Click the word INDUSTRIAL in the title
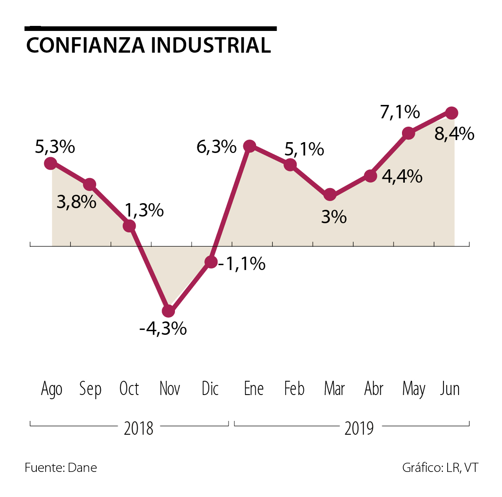211,45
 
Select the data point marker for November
168,311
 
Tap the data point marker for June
451,113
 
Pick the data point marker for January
250,146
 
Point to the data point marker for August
51,163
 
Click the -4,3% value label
163,329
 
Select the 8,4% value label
454,134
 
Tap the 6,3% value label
216,147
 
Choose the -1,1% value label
241,264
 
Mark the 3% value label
334,217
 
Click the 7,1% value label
400,112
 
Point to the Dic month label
210,389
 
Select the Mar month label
334,389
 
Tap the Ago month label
52,389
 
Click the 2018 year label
138,428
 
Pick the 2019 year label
359,428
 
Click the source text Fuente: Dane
61,467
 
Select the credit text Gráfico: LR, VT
440,467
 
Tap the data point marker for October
129,226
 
